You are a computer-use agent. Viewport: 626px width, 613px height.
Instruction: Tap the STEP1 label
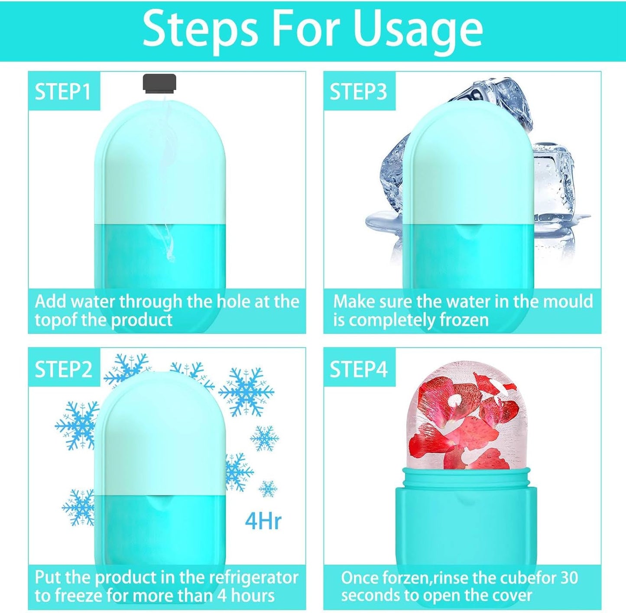coord(63,92)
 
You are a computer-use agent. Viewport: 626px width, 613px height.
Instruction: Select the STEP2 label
coord(64,369)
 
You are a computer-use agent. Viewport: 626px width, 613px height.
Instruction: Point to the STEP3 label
coord(358,92)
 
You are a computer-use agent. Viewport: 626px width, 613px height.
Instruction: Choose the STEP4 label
coord(358,369)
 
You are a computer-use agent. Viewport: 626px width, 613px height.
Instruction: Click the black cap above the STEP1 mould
coord(159,83)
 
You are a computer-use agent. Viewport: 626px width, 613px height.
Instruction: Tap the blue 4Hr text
coord(263,521)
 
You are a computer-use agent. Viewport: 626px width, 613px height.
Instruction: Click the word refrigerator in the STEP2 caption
coord(253,577)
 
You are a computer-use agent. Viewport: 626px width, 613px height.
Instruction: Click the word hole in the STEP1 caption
coord(234,301)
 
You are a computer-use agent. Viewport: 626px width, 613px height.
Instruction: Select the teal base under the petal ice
coord(466,520)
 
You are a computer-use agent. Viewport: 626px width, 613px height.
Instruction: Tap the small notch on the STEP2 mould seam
coord(159,503)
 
